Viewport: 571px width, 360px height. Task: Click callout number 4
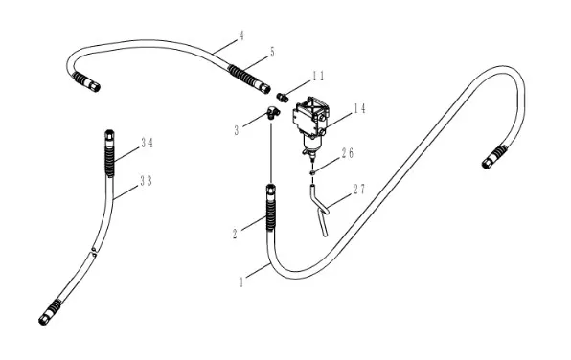point(241,35)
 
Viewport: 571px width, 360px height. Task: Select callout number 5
point(272,52)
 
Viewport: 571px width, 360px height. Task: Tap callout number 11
point(317,76)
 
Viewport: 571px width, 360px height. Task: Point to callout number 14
point(360,108)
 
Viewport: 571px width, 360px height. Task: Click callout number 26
point(347,153)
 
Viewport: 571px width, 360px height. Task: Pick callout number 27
point(358,190)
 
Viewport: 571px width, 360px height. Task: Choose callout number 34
point(148,143)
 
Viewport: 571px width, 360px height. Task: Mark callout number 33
point(146,181)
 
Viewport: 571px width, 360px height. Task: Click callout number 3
point(237,130)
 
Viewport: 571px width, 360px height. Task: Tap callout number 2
point(235,234)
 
